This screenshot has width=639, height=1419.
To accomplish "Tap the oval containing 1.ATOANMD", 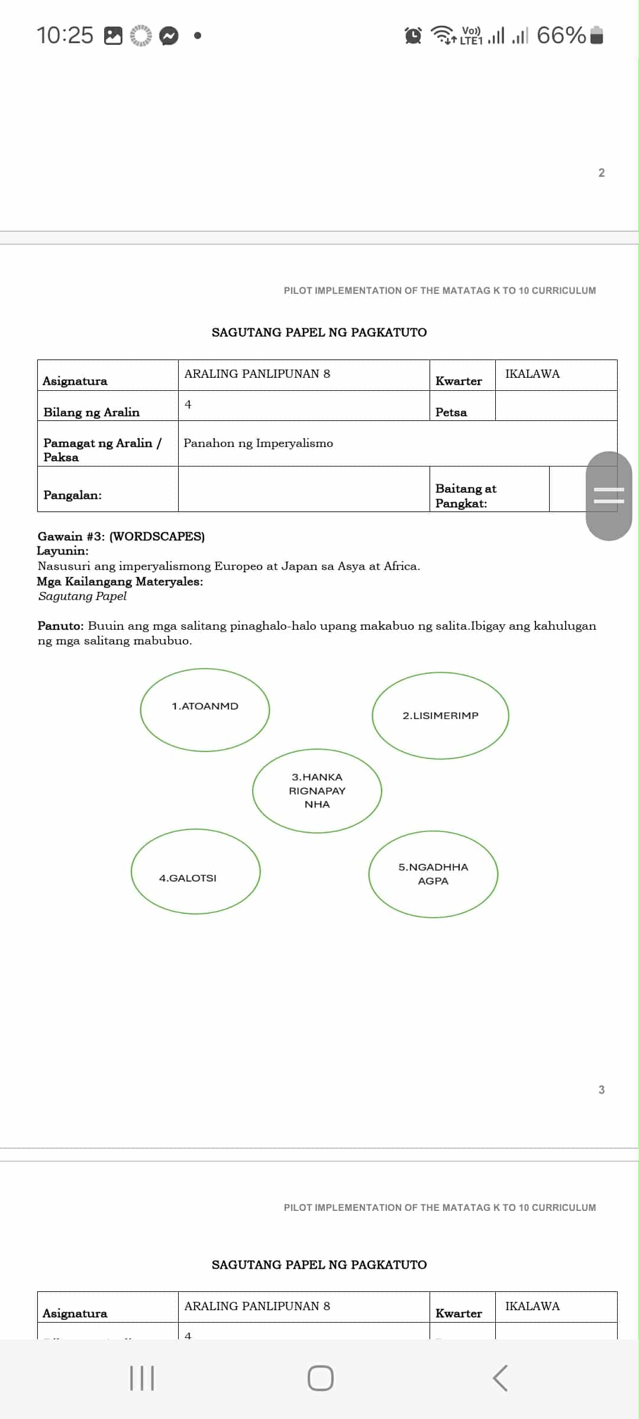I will pyautogui.click(x=205, y=710).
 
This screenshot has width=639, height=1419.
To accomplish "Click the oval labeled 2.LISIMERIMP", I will pyautogui.click(x=440, y=715).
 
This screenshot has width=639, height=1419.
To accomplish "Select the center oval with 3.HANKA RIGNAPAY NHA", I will pyautogui.click(x=317, y=791).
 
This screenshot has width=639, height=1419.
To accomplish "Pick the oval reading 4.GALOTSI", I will pyautogui.click(x=195, y=872).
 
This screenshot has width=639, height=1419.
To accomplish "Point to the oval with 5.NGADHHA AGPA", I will pyautogui.click(x=433, y=874).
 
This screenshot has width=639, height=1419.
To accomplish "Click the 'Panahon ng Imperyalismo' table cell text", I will pyautogui.click(x=258, y=443).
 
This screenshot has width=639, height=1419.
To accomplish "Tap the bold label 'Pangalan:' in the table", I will pyautogui.click(x=72, y=495).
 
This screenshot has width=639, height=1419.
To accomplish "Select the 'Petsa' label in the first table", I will pyautogui.click(x=451, y=412).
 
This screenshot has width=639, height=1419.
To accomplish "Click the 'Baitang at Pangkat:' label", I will pyautogui.click(x=466, y=495).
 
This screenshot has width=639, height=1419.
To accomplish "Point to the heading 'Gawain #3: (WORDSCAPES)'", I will pyautogui.click(x=121, y=536).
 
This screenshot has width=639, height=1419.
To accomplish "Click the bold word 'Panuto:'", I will pyautogui.click(x=60, y=626).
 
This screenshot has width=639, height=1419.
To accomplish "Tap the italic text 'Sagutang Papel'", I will pyautogui.click(x=82, y=596).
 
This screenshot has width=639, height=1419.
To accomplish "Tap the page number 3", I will pyautogui.click(x=601, y=1090).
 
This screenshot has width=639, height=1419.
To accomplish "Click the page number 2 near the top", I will pyautogui.click(x=601, y=173).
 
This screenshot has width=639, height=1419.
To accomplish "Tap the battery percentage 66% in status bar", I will pyautogui.click(x=561, y=35).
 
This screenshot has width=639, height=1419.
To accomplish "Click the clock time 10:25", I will pyautogui.click(x=65, y=35).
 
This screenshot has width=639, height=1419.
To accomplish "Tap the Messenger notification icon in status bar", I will pyautogui.click(x=169, y=36).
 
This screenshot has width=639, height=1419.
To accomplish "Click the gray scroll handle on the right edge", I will pyautogui.click(x=608, y=495).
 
